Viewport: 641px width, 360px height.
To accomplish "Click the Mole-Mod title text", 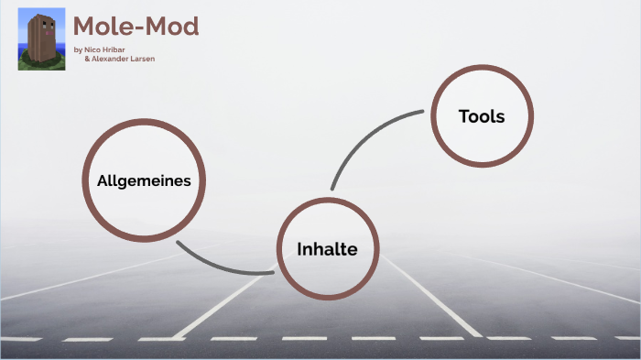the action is [136, 27].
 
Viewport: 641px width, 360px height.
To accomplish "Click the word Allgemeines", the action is [144, 180].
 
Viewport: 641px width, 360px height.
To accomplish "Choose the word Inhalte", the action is [327, 248].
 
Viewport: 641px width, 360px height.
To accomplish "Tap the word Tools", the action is [482, 116].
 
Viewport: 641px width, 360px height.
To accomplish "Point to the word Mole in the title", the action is [102, 27].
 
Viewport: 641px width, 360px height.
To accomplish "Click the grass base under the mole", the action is [41, 63].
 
